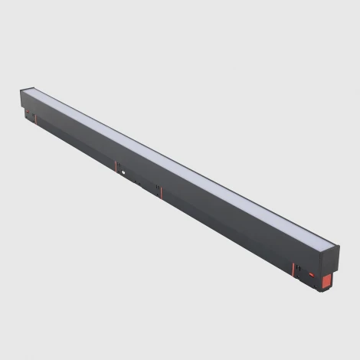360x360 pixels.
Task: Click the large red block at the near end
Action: pos(327,279)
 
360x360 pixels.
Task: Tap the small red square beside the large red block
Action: pos(311,273)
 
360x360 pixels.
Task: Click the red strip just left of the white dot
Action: pos(116,167)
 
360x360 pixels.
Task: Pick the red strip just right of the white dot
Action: pos(159,191)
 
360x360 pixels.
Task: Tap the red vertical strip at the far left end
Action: pos(31,116)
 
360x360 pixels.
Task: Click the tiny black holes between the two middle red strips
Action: pos(136,182)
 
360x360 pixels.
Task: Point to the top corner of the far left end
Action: pos(21,90)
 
